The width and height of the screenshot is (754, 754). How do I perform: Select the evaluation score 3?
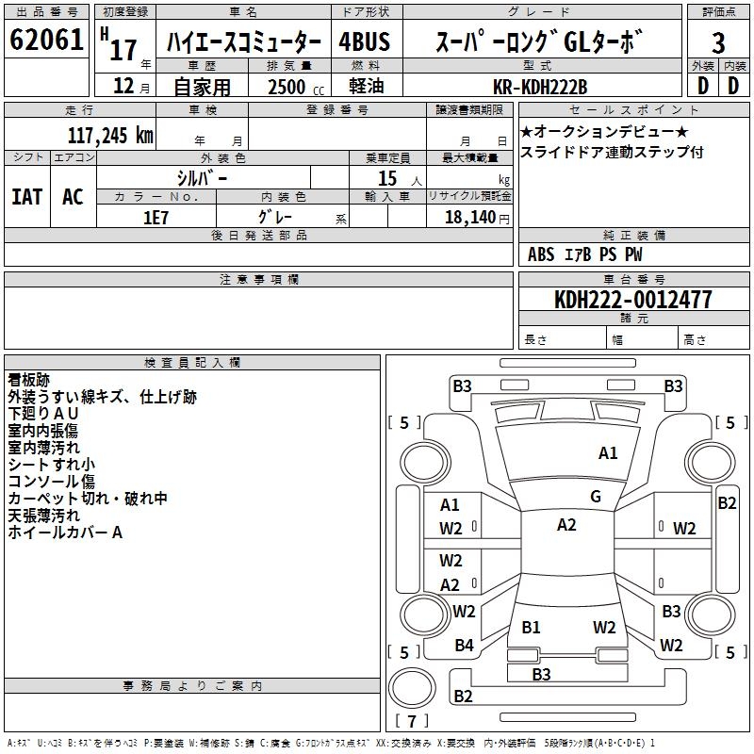(718, 43)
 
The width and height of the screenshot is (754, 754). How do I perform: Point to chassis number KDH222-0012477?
(633, 300)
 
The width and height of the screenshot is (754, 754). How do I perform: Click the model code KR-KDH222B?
(540, 87)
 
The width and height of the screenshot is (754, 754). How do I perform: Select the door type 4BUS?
(365, 42)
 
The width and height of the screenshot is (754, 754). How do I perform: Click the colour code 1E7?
(156, 216)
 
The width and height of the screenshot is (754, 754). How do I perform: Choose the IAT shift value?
(26, 197)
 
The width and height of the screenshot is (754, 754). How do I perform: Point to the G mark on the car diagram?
(595, 497)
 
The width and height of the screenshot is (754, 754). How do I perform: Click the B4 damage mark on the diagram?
(464, 646)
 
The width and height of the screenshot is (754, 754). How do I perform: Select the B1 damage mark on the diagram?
(531, 627)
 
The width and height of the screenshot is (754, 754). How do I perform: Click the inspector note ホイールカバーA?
(65, 533)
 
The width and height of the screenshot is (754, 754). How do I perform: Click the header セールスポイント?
(632, 110)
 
